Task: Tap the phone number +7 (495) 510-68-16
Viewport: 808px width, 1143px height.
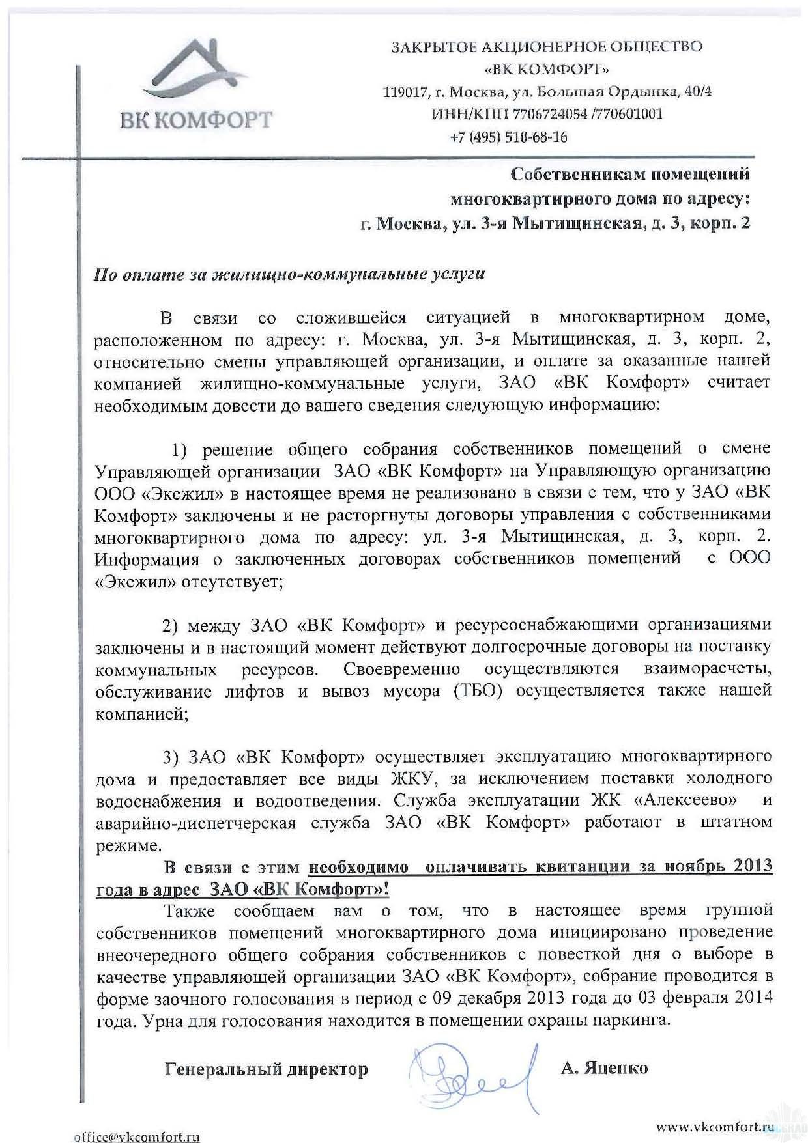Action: pyautogui.click(x=508, y=137)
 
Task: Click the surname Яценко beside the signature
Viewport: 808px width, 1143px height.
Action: pyautogui.click(x=618, y=1068)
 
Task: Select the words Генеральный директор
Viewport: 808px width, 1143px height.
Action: pyautogui.click(x=266, y=1069)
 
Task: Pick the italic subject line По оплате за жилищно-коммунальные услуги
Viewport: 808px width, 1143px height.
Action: pyautogui.click(x=289, y=274)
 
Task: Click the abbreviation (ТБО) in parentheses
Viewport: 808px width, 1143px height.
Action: pyautogui.click(x=479, y=691)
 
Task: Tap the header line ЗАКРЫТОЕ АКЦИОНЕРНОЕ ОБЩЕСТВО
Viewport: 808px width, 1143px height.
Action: pyautogui.click(x=546, y=47)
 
